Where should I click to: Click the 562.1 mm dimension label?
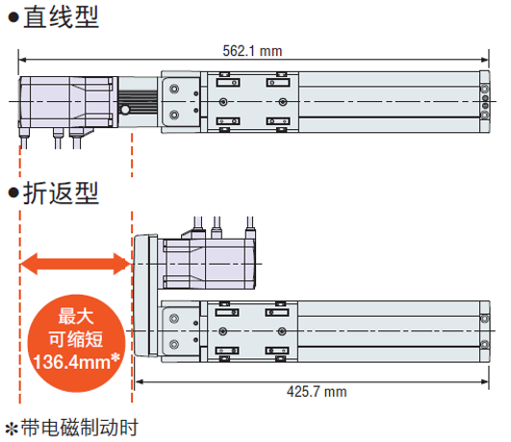252,51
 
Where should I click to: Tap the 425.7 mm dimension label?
317,392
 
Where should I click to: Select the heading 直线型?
61,17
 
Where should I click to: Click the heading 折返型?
61,194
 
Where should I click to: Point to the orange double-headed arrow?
75,264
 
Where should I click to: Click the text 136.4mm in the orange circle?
72,362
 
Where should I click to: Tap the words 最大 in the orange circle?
76,316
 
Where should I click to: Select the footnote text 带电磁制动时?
80,428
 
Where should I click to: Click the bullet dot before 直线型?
13,17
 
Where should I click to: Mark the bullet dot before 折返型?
13,193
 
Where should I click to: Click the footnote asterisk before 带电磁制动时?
12,429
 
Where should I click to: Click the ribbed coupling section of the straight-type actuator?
138,102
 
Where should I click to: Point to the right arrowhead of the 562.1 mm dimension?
485,60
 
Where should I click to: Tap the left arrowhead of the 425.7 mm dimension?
140,381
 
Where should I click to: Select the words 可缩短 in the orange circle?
76,339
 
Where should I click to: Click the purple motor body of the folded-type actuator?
209,264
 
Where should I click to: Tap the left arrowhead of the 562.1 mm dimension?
23,60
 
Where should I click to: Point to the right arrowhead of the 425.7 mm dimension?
485,381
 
